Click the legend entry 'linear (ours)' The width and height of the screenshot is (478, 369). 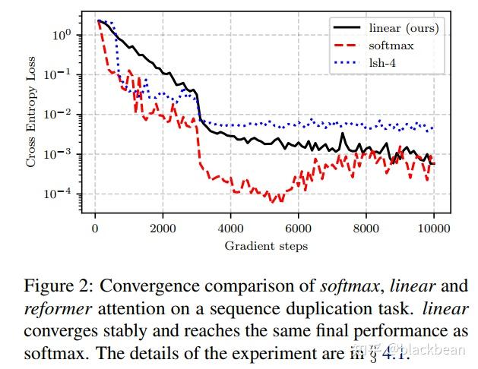[x=404, y=28]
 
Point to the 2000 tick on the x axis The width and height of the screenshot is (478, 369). [x=163, y=229]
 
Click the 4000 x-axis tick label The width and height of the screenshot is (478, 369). [x=230, y=229]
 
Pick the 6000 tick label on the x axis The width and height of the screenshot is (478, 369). [x=298, y=229]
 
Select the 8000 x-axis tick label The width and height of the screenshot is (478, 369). [x=366, y=229]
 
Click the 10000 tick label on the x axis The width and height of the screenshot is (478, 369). [x=433, y=229]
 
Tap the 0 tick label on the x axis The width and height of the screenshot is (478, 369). [x=95, y=229]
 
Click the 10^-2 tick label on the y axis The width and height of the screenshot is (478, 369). [x=60, y=114]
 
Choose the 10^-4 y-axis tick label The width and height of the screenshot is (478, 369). [x=60, y=194]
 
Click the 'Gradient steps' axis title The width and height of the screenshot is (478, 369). [x=266, y=245]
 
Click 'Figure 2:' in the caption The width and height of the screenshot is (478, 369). [x=59, y=286]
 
